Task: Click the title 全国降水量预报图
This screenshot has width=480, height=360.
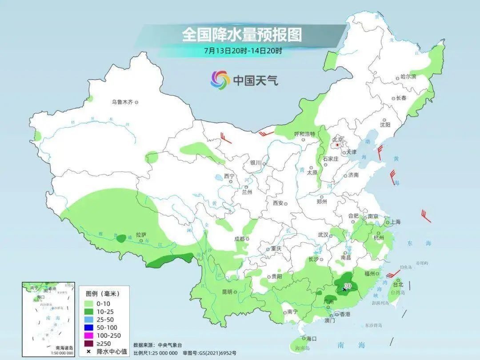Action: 242,34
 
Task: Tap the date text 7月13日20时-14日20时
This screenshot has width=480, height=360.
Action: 243,50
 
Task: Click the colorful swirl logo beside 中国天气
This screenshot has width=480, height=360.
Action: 220,80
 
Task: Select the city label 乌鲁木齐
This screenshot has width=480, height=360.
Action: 122,102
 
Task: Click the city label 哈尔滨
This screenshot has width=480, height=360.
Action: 408,77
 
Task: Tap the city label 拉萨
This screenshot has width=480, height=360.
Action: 141,234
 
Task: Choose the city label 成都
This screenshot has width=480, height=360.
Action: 239,239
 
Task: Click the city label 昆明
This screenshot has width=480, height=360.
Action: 227,292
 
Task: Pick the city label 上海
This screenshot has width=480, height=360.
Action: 396,222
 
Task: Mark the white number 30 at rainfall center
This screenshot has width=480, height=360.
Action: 348,286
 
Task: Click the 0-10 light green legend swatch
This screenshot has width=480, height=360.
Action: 90,304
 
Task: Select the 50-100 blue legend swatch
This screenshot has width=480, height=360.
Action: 90,328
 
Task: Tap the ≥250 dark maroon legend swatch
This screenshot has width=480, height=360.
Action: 90,343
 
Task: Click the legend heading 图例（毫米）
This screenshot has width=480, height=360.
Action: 103,294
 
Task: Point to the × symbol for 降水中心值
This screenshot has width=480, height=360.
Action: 89,352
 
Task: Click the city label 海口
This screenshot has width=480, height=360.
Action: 311,339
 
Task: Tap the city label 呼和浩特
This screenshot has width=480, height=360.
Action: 304,134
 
